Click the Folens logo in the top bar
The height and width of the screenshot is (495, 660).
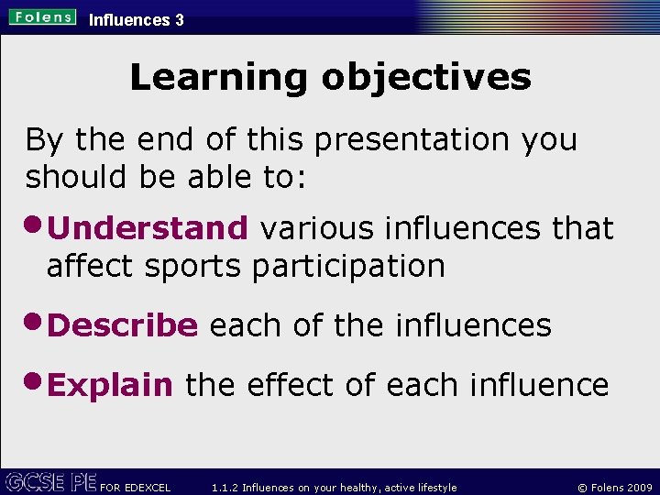(x=43, y=17)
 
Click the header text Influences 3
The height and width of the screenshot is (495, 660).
(x=136, y=19)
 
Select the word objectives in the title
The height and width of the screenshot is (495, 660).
(x=426, y=78)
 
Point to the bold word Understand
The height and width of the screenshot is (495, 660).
(x=148, y=228)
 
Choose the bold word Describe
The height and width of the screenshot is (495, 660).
(x=122, y=325)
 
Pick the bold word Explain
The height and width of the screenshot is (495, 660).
(x=110, y=386)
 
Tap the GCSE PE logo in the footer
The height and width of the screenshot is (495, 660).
(x=50, y=482)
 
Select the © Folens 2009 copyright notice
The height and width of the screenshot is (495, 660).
(x=610, y=487)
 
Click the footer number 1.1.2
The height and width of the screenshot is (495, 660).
(x=225, y=487)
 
